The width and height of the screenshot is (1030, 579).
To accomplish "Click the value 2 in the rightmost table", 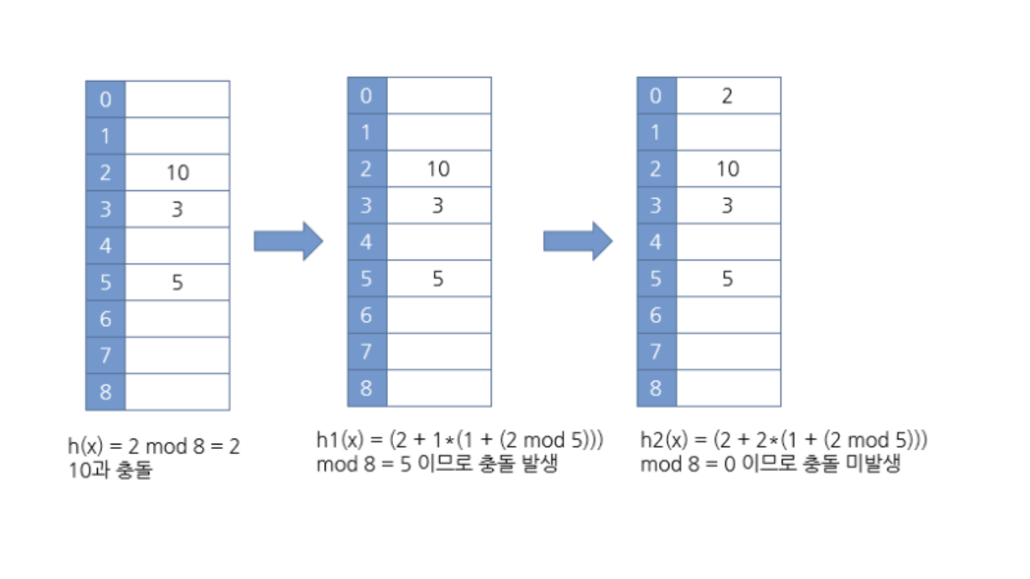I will click(727, 96).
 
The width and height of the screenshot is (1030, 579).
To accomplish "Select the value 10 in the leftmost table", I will click(177, 173).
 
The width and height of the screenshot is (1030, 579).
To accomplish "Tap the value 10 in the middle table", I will click(438, 169).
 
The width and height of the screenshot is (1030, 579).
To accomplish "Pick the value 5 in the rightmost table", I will click(727, 279).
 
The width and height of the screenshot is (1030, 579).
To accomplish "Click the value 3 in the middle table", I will click(438, 206).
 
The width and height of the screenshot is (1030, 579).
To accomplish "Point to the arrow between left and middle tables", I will click(288, 241).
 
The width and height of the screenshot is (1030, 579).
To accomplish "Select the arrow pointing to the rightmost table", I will click(577, 241).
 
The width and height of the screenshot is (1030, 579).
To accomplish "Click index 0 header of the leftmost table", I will click(105, 99).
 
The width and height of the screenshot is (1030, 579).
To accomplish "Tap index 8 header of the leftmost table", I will click(105, 392).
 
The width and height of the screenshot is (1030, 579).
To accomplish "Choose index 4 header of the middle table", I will click(367, 242).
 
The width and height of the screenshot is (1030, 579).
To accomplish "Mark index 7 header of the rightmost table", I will click(656, 352).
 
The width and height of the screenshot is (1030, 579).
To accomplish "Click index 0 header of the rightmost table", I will click(656, 96).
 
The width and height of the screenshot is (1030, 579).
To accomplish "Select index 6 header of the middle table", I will click(367, 315).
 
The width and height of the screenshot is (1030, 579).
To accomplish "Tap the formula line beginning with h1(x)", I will click(460, 441).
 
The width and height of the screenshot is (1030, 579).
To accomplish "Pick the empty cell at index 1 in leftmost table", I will click(177, 136).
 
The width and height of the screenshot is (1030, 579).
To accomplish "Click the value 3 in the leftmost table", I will click(177, 209).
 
